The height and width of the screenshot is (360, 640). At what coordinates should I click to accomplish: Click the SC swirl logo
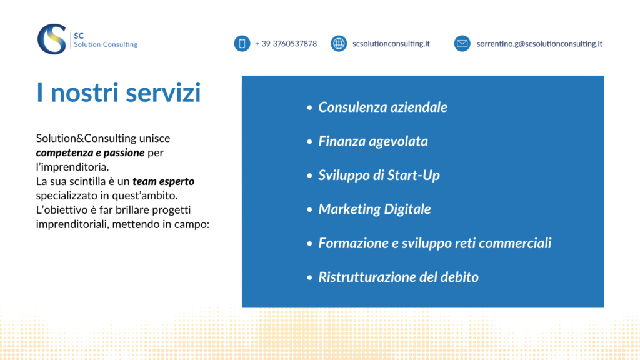52,39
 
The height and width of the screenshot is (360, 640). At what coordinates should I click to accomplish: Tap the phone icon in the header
242,43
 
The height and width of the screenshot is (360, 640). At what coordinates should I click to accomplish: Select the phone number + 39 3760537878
286,44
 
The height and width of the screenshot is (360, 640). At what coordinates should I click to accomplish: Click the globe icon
339,43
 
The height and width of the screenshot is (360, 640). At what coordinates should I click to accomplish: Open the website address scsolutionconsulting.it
391,44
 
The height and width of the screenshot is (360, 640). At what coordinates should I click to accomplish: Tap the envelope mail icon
462,43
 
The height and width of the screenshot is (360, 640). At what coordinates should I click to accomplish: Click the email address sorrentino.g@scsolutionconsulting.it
539,44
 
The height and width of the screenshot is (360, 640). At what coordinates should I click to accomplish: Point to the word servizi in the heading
163,92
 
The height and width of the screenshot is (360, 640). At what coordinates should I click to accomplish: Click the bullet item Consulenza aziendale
382,107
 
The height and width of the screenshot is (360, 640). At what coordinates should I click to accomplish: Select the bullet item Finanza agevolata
373,141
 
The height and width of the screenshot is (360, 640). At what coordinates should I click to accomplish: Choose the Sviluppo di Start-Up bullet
379,175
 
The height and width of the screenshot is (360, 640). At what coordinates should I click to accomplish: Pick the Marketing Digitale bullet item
374,209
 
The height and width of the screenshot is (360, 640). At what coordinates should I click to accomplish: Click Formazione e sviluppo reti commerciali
435,243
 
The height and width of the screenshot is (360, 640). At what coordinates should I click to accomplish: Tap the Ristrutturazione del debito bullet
398,277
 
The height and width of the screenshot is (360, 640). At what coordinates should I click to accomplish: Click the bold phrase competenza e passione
90,152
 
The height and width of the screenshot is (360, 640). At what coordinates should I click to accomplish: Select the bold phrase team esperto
163,181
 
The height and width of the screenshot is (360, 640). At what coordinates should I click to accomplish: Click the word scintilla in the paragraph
86,181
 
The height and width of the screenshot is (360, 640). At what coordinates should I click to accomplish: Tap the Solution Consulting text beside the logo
105,44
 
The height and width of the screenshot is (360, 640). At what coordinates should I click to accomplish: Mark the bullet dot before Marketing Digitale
309,209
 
